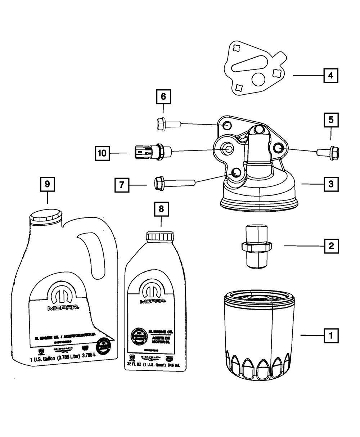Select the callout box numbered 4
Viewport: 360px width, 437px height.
(x=330, y=76)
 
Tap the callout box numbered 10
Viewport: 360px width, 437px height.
(x=102, y=153)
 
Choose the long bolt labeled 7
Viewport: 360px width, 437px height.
(x=173, y=183)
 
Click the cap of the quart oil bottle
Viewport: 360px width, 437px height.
(x=160, y=238)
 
